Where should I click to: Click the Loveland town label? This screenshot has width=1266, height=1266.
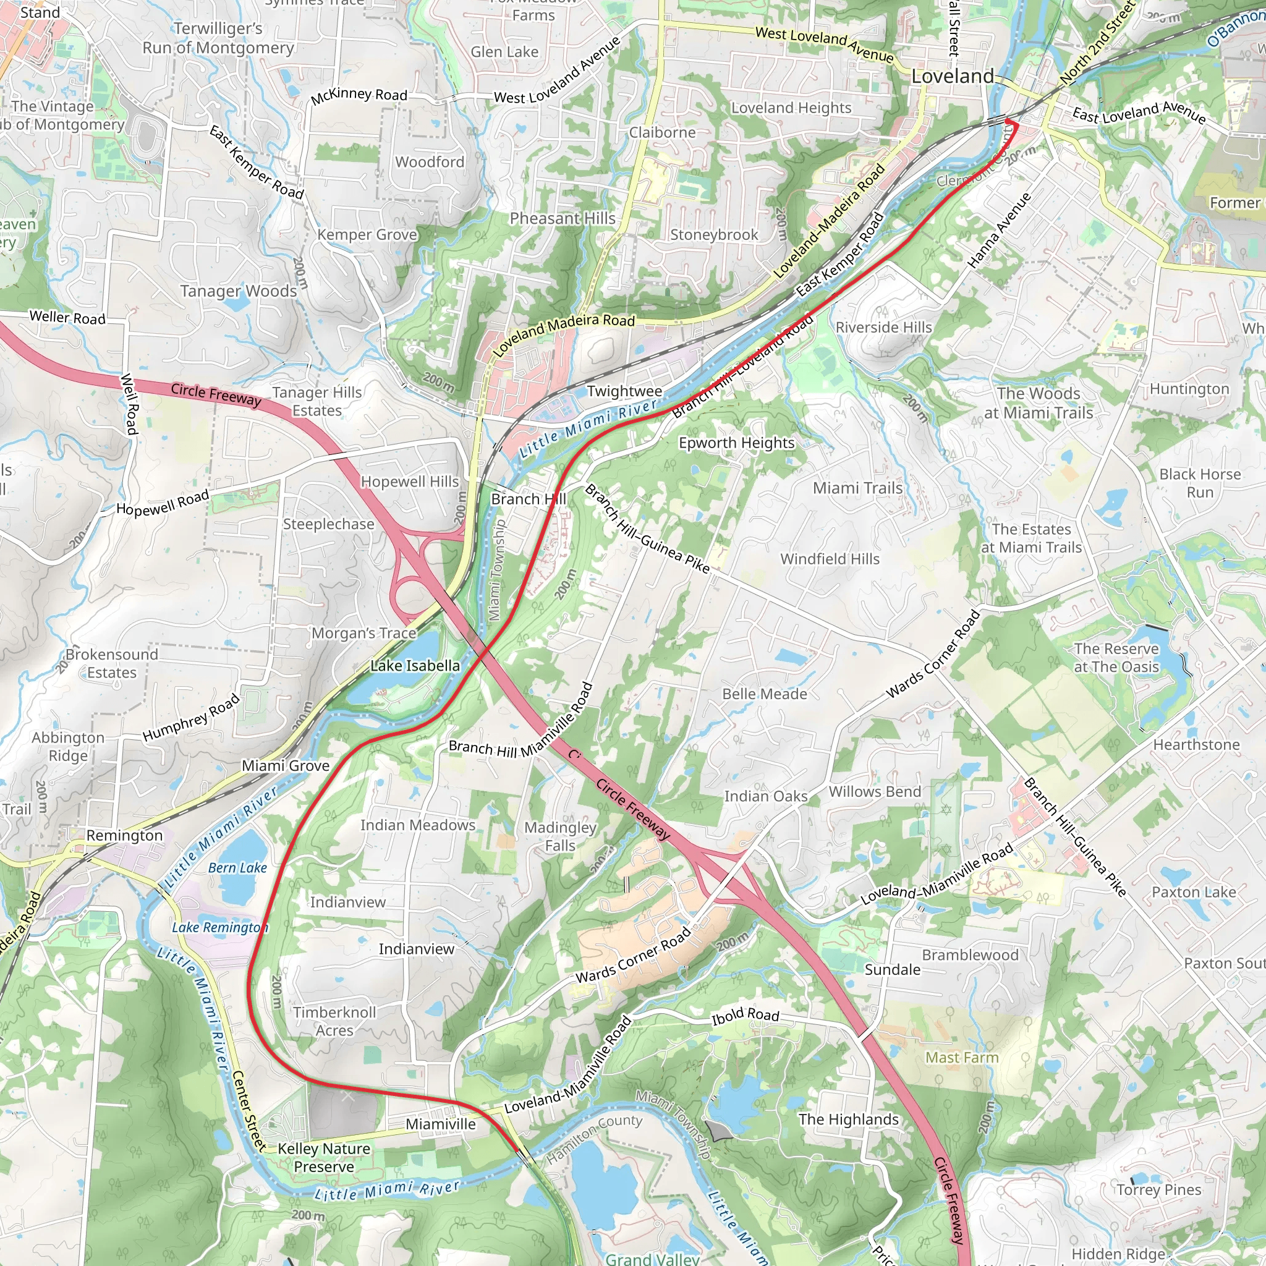coord(952,77)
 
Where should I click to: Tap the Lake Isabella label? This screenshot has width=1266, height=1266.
coord(415,666)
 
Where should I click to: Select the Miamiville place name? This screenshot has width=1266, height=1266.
coord(440,1124)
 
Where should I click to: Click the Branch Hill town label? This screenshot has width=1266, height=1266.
coord(528,499)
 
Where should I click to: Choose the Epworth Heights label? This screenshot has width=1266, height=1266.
coord(736,443)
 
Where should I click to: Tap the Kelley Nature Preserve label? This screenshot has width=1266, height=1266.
coord(324,1158)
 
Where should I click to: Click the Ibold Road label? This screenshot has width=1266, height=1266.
coord(745,1016)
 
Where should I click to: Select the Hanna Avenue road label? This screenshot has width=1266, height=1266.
coord(999,231)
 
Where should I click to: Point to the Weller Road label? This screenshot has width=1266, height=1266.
coord(67,318)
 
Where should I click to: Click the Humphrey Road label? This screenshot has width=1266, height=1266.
coord(192,719)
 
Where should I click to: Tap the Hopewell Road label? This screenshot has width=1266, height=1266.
coord(163,503)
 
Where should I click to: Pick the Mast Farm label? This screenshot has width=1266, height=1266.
coord(961,1058)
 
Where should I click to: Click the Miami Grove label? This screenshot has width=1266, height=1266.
coord(286,766)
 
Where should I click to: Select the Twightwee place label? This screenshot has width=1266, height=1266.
coord(624,391)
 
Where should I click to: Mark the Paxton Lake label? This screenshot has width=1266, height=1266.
coord(1193,893)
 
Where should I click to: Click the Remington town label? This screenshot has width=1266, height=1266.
coord(124,836)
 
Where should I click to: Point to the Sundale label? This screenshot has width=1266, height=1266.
coord(892,970)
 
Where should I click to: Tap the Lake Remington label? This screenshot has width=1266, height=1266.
coord(219,928)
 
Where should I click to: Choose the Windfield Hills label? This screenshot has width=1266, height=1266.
coord(829,559)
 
